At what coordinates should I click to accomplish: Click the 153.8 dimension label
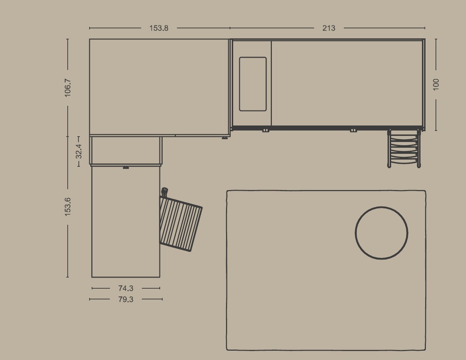coord(159,28)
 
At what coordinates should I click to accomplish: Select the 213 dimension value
coord(329,28)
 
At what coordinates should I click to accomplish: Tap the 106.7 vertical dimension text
coord(68,88)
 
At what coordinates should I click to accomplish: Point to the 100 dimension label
coord(436,85)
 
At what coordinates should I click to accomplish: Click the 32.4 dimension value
coord(79,151)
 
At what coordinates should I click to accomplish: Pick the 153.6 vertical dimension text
coord(67,207)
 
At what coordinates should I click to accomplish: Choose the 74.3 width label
coord(126,288)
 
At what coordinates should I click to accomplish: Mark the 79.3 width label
coord(126,299)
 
